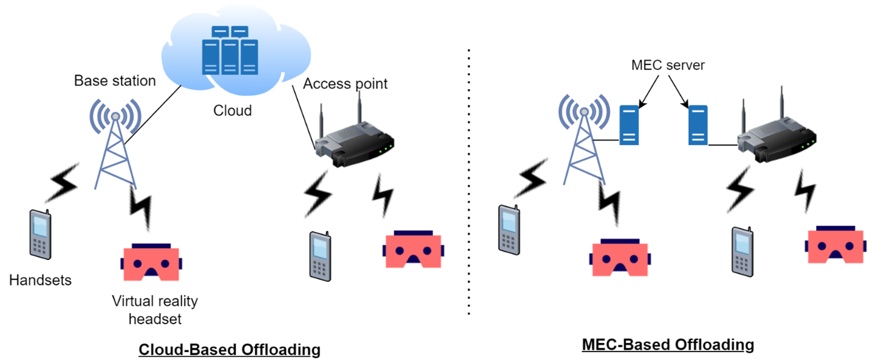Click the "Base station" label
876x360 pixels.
point(115,81)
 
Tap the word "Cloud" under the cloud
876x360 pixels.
point(232,111)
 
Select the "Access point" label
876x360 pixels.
point(345,84)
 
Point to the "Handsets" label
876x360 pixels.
point(40,280)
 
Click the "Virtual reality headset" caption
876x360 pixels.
point(154,309)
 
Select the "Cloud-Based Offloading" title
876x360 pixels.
point(229,350)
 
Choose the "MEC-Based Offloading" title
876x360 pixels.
point(668,345)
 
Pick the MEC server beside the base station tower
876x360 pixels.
point(630,124)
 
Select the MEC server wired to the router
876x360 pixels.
point(698,124)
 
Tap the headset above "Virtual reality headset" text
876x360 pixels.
point(150,262)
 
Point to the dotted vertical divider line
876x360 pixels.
point(469,182)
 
